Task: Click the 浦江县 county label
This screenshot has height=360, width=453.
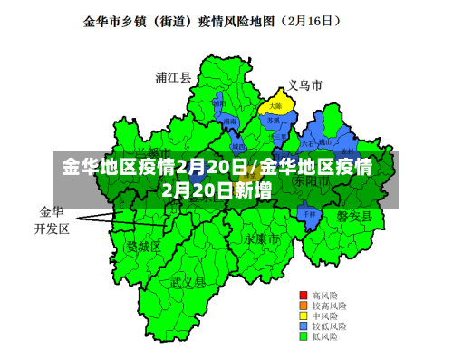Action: pyautogui.click(x=173, y=78)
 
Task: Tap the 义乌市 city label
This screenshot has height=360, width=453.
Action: pyautogui.click(x=305, y=85)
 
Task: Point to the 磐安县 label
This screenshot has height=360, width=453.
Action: pyautogui.click(x=354, y=215)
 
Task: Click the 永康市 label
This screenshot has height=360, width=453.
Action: pyautogui.click(x=261, y=238)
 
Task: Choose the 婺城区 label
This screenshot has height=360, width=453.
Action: pyautogui.click(x=142, y=246)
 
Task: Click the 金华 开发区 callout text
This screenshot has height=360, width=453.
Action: pyautogui.click(x=52, y=220)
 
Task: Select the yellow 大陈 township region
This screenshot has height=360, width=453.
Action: pyautogui.click(x=275, y=107)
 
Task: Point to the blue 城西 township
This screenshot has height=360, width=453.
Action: pyautogui.click(x=237, y=145)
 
